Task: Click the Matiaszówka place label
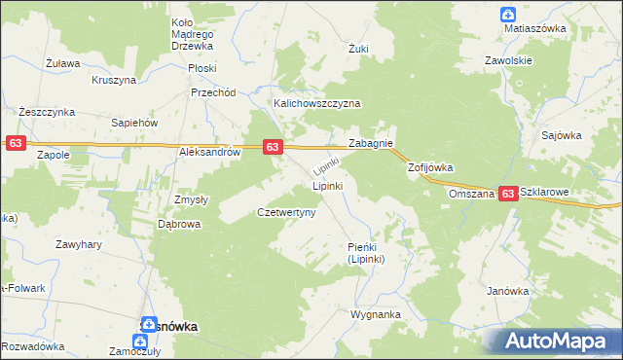coord(534,29)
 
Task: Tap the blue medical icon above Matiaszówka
coord(508,14)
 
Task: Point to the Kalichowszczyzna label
coord(316,103)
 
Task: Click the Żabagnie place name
coord(370,143)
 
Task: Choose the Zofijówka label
coord(430,167)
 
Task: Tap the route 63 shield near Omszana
coord(508,195)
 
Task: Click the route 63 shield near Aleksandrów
coord(273,147)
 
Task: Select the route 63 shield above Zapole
coord(15,143)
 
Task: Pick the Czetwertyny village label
coord(285,212)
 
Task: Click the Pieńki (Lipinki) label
coord(367,253)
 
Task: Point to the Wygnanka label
coord(376,315)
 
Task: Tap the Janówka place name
coord(507,291)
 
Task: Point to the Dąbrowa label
coord(179,224)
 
